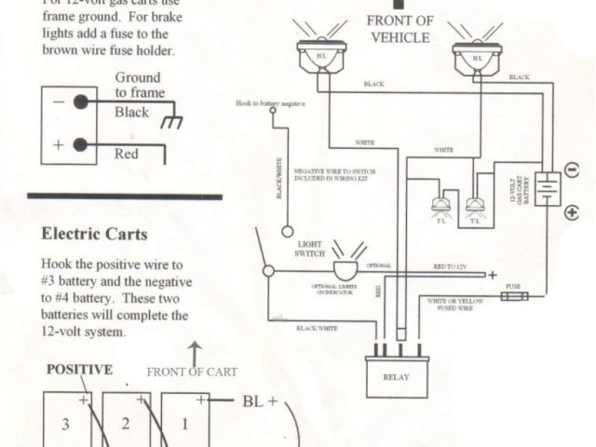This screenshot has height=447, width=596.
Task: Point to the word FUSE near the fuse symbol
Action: click(x=513, y=286)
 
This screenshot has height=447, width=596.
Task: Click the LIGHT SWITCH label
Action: click(x=309, y=249)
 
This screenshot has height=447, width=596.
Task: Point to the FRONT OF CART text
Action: click(x=191, y=372)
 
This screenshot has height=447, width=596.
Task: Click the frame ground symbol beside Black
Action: click(x=170, y=121)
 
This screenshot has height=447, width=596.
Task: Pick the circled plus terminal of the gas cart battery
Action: click(x=571, y=213)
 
